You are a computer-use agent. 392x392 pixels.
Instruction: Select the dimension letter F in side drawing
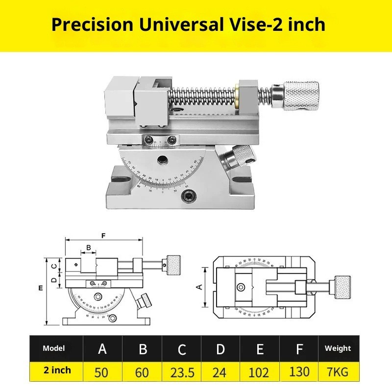click(103, 236)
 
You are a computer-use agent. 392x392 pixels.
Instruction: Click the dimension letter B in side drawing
click(89, 248)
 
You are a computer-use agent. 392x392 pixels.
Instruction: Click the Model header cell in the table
click(54, 348)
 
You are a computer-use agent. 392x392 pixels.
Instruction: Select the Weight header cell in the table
click(338, 348)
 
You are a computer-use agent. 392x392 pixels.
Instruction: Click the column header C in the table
click(181, 349)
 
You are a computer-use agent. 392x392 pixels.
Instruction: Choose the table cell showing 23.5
click(181, 372)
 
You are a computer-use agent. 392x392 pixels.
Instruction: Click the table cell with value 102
click(260, 372)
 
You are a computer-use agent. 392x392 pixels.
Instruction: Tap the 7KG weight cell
click(338, 372)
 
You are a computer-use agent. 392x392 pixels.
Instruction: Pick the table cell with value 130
click(299, 372)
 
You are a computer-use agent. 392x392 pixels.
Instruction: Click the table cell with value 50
click(103, 372)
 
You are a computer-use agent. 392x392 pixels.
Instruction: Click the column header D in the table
click(220, 349)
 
